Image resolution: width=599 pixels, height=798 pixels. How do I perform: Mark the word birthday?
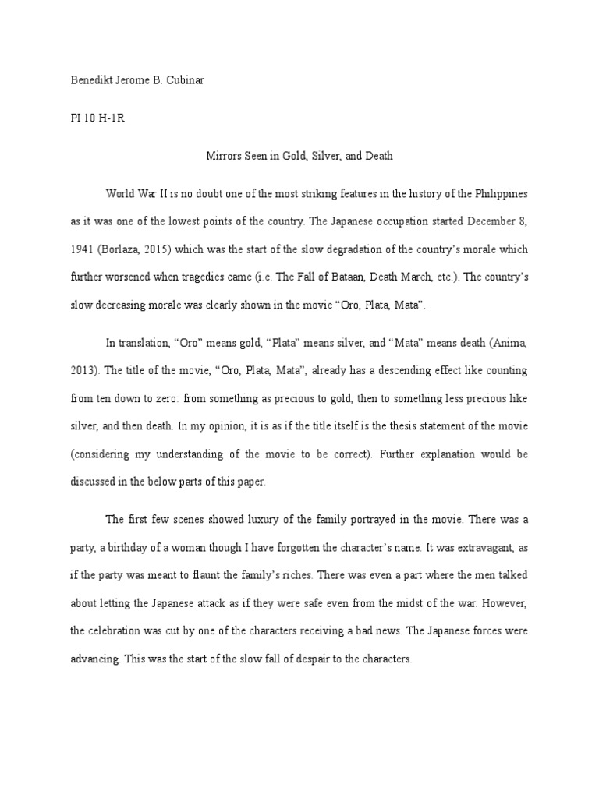click(x=148, y=547)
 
